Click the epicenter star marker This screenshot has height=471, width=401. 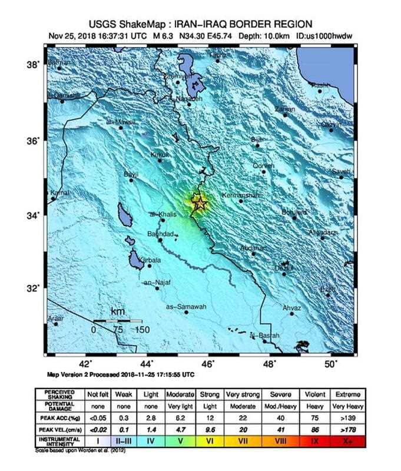coord(200,203)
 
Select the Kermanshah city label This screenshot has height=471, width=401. coord(240,195)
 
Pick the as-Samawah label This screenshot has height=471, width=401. coord(185,307)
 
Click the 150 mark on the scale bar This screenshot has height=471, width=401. coord(142,330)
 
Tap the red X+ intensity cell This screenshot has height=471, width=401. coord(344,440)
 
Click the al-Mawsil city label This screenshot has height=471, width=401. coord(121,122)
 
